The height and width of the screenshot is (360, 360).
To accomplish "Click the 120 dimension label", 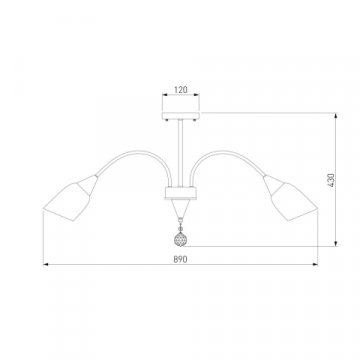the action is [x=181, y=89].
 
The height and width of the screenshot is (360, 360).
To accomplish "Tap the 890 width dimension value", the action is [x=180, y=259].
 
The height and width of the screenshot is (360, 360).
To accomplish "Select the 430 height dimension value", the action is [x=330, y=180].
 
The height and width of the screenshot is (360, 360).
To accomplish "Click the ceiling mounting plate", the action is [x=181, y=116].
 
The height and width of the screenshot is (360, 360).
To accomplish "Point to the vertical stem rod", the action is [x=181, y=153].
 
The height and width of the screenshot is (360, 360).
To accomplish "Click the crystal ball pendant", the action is [x=180, y=239].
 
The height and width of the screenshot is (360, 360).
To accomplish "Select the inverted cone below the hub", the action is [x=181, y=208].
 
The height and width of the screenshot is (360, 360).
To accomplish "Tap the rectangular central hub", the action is [x=181, y=193].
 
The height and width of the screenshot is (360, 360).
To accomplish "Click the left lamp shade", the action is [x=71, y=198].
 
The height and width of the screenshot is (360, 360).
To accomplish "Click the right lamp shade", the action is [x=291, y=198].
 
